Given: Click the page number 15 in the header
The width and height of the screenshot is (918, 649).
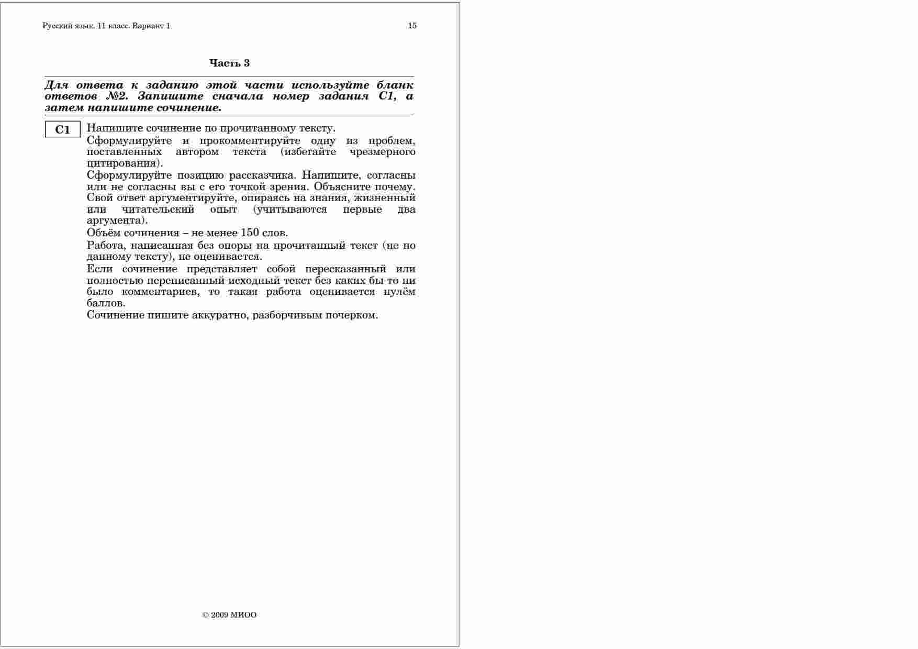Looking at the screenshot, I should coord(412,26).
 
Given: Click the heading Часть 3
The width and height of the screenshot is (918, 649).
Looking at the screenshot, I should coord(229,63).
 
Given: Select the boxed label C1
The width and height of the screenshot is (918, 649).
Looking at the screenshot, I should coord(62,130).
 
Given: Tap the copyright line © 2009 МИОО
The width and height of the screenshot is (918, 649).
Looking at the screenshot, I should coord(229,615).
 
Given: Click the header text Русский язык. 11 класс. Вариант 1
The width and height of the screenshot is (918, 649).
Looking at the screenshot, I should coord(106,26).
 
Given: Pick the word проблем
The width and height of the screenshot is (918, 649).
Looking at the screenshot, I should coord(391,141).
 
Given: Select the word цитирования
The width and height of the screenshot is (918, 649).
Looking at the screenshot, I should coord(124,163).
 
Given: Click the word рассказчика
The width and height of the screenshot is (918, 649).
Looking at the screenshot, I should coord(263,175).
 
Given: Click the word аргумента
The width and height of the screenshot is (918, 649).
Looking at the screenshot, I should coord(116,221).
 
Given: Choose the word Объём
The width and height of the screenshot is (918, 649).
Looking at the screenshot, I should coord(103,233).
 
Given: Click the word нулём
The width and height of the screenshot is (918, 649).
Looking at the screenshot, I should coord(399,292).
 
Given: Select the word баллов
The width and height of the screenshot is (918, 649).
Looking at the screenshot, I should coord(106,303).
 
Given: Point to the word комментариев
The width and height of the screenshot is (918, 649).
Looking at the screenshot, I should coord(161,292).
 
